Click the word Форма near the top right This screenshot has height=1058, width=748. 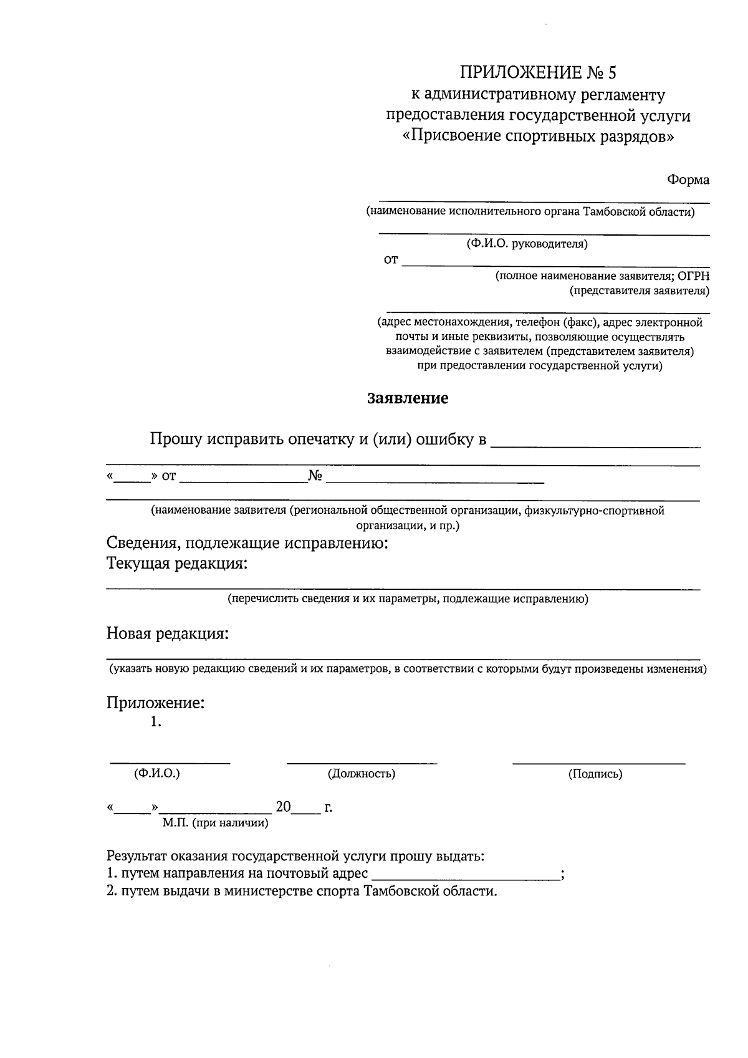[688, 180]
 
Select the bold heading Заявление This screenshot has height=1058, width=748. [408, 398]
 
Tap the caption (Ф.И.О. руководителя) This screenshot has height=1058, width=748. [527, 244]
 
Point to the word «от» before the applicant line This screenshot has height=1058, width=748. [390, 260]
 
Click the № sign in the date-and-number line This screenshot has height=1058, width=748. [315, 477]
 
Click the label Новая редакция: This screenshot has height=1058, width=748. [167, 634]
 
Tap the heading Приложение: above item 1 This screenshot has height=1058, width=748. [155, 703]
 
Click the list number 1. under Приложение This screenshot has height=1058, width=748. [156, 723]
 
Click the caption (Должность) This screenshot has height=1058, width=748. [362, 774]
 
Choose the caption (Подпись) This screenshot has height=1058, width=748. [595, 774]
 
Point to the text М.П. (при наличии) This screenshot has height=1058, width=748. [215, 823]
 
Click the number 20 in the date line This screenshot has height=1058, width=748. [283, 807]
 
